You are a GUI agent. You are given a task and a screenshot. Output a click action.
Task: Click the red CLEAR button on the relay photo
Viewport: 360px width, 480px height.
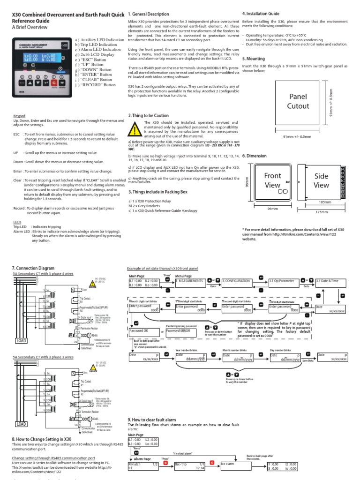(x=54, y=83)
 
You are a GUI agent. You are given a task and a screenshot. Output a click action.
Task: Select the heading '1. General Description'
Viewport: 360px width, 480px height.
(x=149, y=14)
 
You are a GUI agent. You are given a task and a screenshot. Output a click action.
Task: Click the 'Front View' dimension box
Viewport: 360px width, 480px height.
(x=272, y=181)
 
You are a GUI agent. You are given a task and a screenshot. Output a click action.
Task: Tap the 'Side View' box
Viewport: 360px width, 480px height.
(x=321, y=181)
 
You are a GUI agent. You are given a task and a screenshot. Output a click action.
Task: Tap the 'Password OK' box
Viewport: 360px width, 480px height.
(x=143, y=331)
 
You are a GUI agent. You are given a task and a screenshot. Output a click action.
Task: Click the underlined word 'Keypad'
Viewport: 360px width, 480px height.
(x=19, y=115)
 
